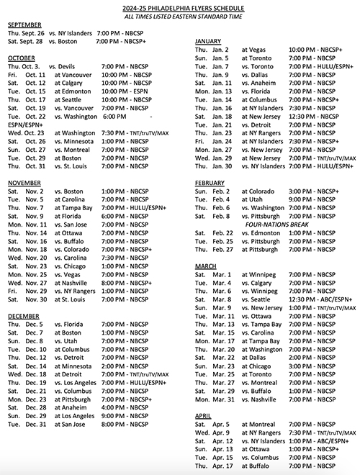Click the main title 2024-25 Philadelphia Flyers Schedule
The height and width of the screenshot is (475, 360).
point(180,6)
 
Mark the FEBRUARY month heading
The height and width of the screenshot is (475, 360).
point(210,183)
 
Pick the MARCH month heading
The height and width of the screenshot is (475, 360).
point(205,266)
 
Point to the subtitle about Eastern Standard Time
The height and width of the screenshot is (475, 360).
point(180,15)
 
